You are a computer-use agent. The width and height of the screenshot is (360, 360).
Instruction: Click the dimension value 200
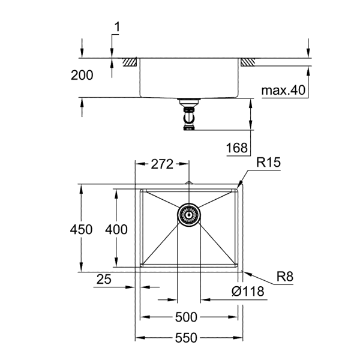(82, 75)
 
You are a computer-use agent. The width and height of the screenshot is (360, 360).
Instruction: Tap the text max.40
(283, 91)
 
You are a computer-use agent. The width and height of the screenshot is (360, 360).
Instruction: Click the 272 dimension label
(162, 164)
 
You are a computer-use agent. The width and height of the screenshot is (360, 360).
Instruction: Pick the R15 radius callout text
(268, 162)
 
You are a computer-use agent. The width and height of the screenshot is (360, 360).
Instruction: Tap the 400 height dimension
(116, 229)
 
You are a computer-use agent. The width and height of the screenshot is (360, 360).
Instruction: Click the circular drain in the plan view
(188, 214)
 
